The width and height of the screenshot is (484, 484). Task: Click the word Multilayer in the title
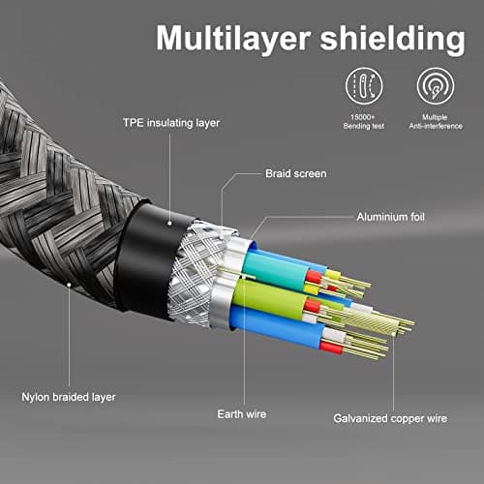(x=233, y=39)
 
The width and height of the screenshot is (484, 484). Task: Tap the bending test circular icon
(x=364, y=86)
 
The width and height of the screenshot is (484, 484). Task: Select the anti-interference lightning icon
(x=436, y=86)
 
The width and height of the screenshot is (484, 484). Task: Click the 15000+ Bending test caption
(x=364, y=122)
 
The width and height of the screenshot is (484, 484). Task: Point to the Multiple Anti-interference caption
(x=436, y=122)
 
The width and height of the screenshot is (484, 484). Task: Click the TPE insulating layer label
(x=171, y=123)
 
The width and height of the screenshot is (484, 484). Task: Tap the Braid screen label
(x=296, y=173)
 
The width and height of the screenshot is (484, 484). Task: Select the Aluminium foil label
(x=390, y=217)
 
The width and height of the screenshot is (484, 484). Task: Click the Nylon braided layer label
(x=69, y=397)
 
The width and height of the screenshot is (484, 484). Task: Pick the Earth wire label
(x=242, y=414)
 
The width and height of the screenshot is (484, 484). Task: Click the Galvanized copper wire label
(x=390, y=418)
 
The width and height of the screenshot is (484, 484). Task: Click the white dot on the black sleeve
(x=169, y=223)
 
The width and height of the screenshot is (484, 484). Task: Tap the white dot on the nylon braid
(x=69, y=285)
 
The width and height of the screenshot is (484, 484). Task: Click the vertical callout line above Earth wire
(x=244, y=341)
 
